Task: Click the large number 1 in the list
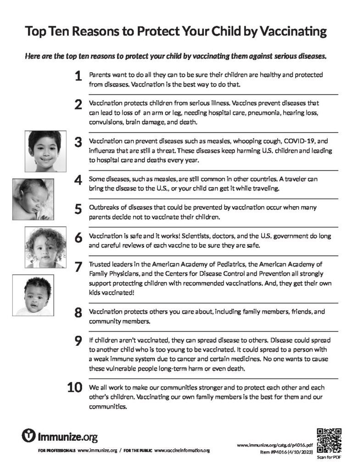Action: tap(78, 76)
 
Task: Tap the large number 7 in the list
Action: tap(78, 267)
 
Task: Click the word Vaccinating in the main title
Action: tap(293, 32)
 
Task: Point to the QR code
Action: tap(329, 440)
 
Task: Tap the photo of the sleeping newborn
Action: tap(33, 199)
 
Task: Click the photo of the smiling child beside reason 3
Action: tap(44, 151)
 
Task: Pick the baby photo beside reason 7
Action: tap(33, 295)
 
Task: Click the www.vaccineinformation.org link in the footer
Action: tap(182, 451)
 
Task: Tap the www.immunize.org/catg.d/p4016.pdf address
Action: tap(275, 445)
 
